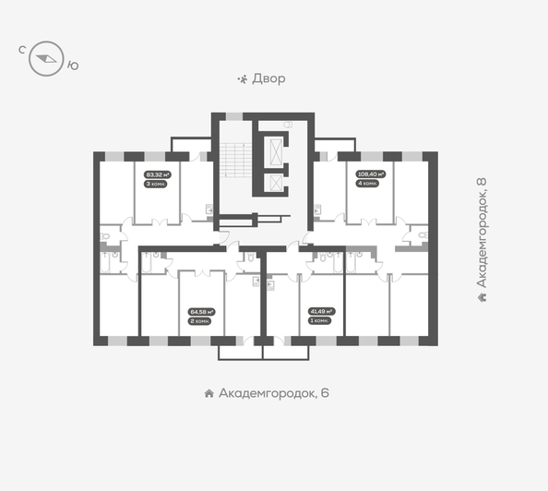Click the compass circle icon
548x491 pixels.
click(x=44, y=61)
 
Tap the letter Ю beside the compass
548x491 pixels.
click(x=74, y=65)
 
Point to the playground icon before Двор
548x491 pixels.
click(x=243, y=78)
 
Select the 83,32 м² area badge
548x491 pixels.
click(x=154, y=173)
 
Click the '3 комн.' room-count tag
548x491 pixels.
click(x=154, y=183)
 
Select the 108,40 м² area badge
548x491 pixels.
click(x=370, y=173)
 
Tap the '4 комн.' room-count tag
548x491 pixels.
click(x=368, y=183)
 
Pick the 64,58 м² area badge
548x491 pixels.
click(x=201, y=311)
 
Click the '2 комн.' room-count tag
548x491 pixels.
click(x=201, y=320)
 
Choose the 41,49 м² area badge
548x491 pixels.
click(x=321, y=311)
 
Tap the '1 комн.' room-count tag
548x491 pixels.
click(x=320, y=320)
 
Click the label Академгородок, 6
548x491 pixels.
click(x=273, y=393)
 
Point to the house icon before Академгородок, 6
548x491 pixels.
click(x=209, y=393)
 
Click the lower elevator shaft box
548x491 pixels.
click(x=276, y=181)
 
